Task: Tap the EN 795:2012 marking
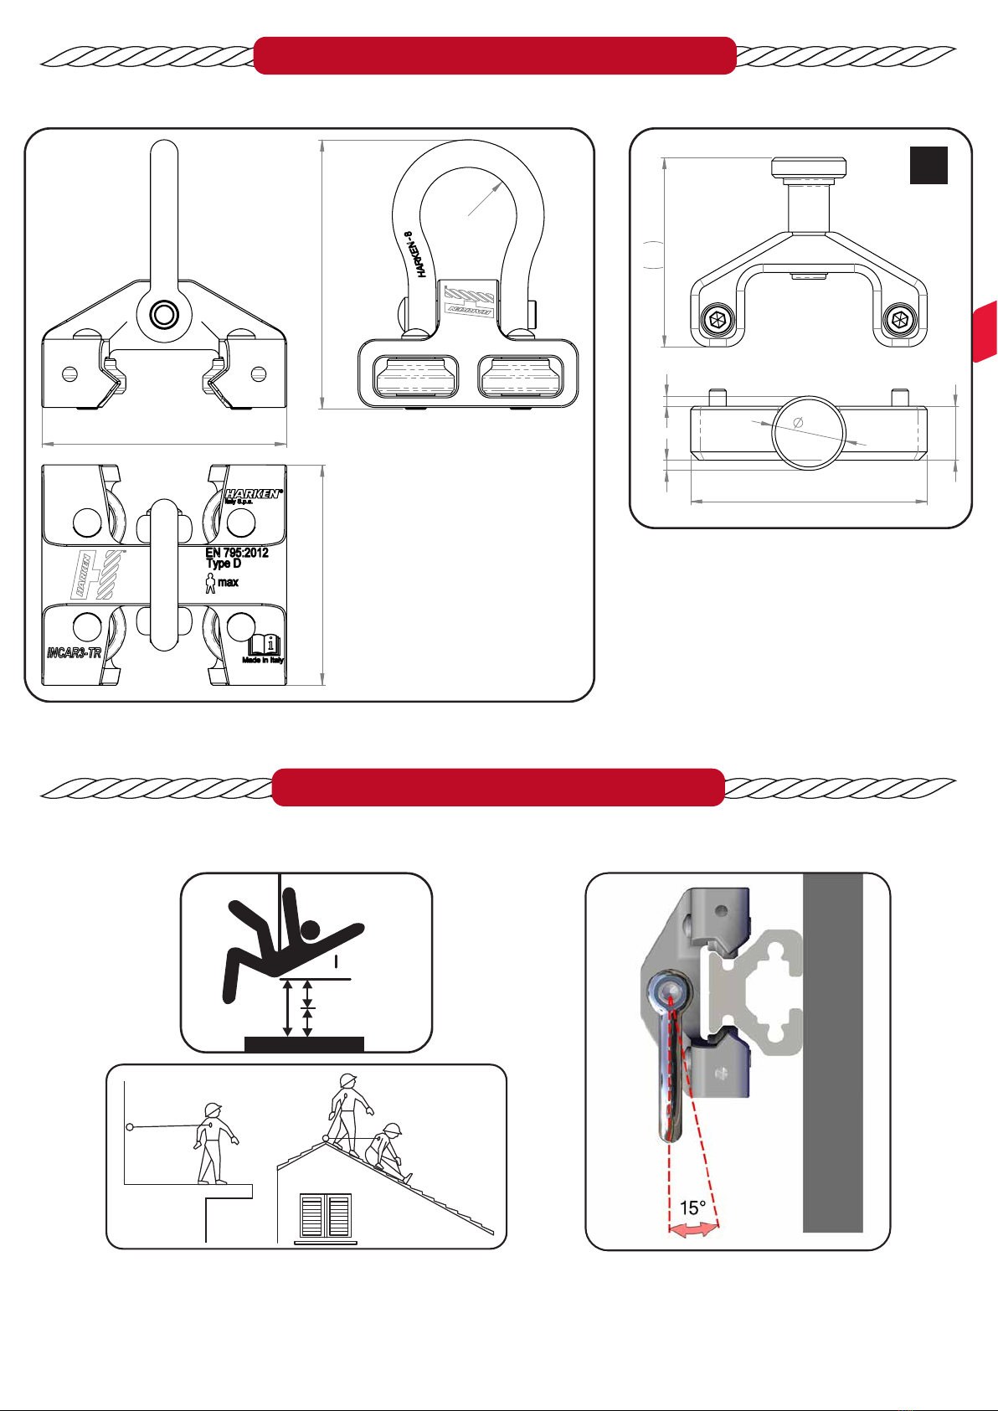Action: click(x=237, y=553)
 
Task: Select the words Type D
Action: click(x=224, y=564)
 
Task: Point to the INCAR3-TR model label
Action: click(x=75, y=652)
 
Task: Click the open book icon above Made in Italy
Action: click(x=265, y=645)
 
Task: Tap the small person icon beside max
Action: click(x=210, y=583)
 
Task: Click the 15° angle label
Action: click(x=692, y=1208)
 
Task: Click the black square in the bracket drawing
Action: click(x=929, y=165)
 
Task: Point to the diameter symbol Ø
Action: click(x=797, y=423)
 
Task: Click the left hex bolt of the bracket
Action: click(x=716, y=319)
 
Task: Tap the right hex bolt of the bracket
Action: click(x=901, y=319)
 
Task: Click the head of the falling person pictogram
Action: click(x=311, y=930)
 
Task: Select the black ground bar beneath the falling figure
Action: click(x=304, y=1043)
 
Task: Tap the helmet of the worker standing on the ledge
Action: click(x=213, y=1110)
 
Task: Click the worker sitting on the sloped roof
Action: click(x=387, y=1149)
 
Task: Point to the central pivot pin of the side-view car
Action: click(x=164, y=315)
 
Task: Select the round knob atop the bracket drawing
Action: click(x=808, y=167)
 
